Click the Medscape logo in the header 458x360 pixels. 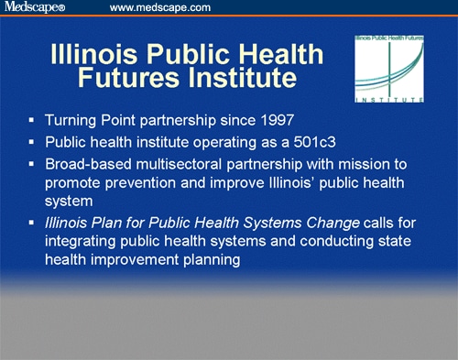click(x=34, y=8)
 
